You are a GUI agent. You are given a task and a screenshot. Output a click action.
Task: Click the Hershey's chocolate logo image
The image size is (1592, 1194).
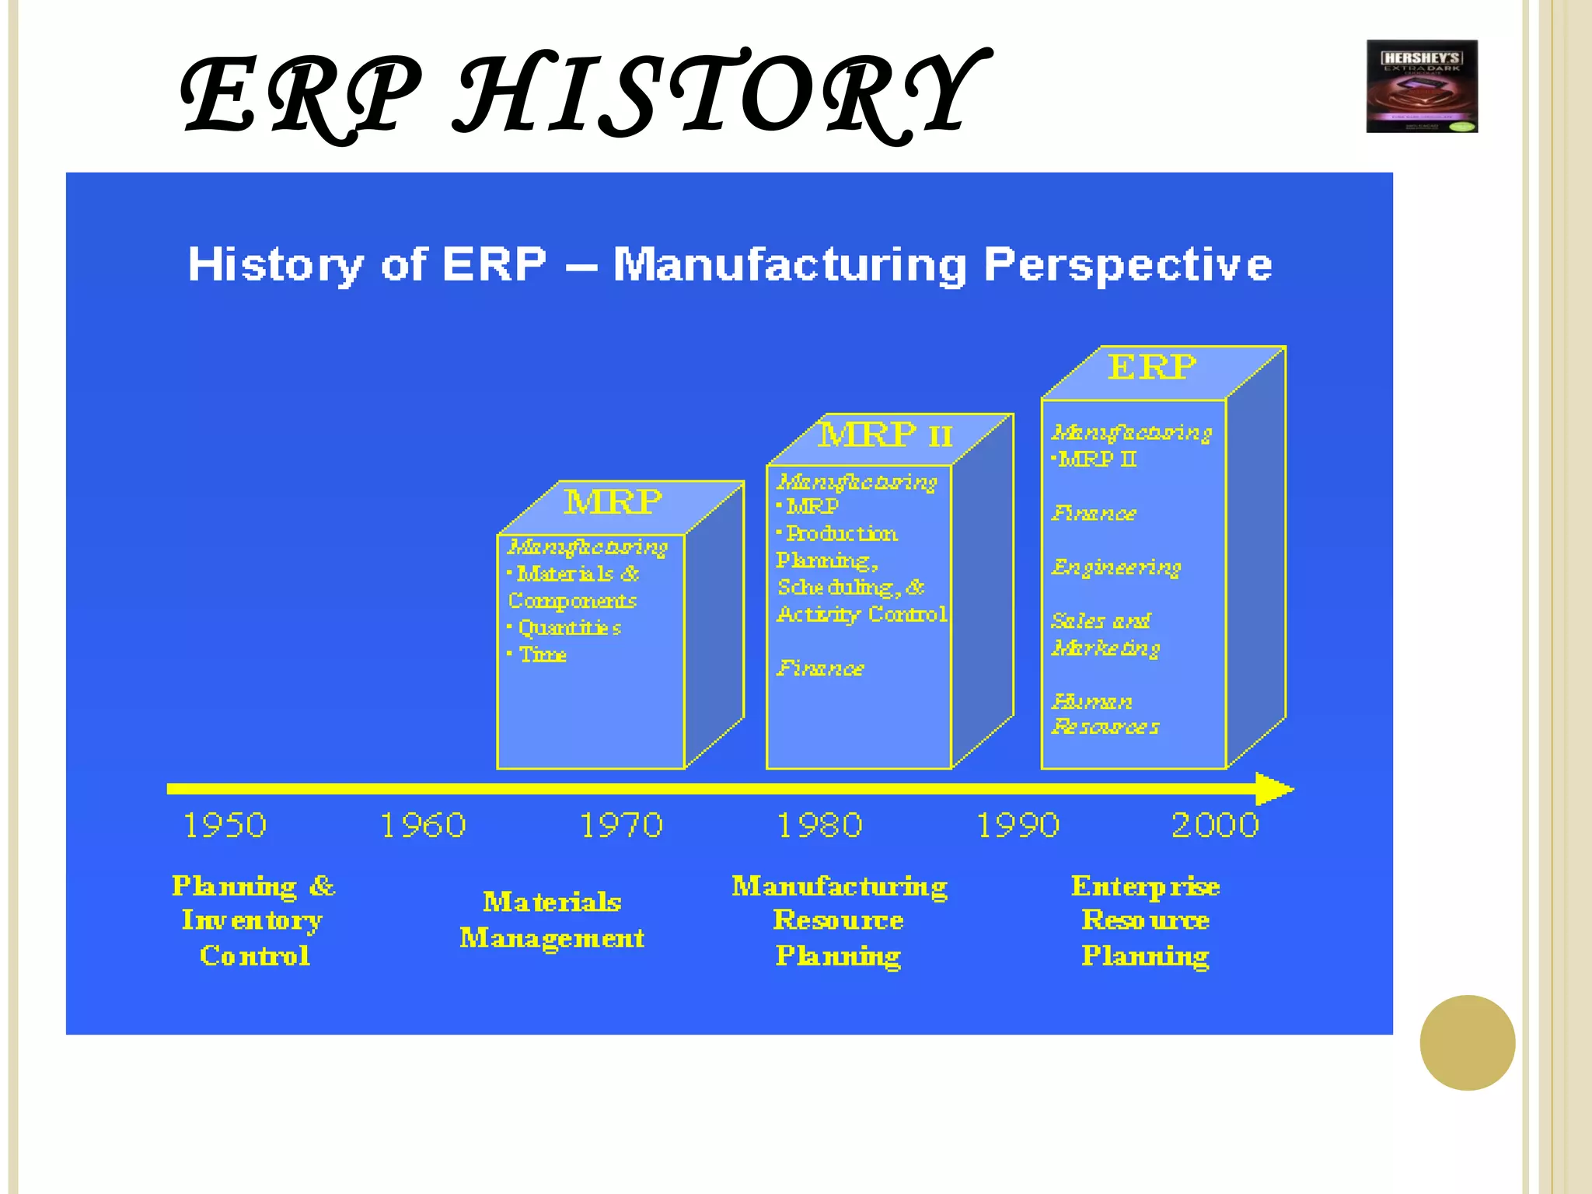1422,86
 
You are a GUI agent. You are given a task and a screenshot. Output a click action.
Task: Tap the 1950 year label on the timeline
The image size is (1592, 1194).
225,825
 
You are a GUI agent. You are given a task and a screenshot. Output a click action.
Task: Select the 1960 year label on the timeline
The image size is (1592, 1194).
423,825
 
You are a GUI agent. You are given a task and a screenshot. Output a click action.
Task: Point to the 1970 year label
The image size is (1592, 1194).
621,825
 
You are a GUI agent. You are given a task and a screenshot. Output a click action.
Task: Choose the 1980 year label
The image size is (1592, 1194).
819,825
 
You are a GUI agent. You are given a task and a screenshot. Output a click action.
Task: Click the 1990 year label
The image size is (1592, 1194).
1018,825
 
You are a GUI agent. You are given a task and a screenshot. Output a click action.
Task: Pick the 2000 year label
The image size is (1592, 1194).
1215,825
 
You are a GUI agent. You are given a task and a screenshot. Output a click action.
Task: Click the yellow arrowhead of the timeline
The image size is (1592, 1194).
1273,789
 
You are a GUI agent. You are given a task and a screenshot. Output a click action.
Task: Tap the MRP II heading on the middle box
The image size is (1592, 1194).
885,434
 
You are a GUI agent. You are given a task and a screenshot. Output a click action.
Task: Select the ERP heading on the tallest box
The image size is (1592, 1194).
1151,367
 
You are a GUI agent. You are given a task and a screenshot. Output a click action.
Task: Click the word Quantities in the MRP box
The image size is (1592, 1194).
569,627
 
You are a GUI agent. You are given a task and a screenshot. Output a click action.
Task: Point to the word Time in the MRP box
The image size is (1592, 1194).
543,655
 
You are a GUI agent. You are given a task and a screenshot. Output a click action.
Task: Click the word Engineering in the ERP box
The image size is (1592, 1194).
1116,567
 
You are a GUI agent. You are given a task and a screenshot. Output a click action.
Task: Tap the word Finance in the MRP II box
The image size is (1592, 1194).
820,669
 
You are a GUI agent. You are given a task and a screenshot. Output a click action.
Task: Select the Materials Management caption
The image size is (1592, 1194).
552,920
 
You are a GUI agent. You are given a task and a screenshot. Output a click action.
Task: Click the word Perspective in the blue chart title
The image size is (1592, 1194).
1127,264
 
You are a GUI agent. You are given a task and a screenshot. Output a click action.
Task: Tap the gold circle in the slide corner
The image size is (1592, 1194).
1467,1042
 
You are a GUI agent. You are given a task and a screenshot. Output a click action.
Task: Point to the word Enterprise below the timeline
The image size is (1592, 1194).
1145,886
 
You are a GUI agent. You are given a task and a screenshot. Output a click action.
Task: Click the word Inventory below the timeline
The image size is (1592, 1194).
252,920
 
